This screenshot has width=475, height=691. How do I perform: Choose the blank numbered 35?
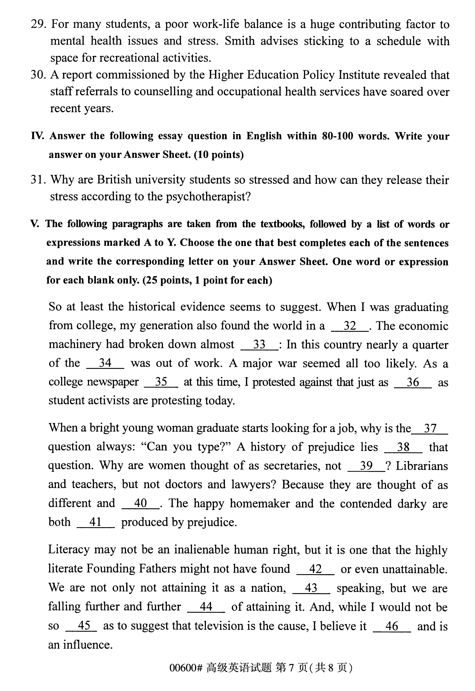161,382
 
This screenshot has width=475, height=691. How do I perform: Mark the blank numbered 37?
430,429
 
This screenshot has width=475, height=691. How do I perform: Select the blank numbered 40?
140,503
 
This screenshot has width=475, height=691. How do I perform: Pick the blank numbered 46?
392,626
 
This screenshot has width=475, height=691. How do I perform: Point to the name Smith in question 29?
239,41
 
